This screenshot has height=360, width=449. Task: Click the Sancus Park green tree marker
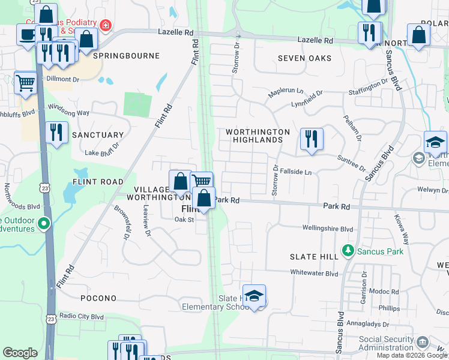pyautogui.click(x=347, y=250)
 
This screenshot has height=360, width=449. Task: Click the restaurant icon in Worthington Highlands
pyautogui.click(x=312, y=139)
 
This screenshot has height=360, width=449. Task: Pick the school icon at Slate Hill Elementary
pyautogui.click(x=255, y=296)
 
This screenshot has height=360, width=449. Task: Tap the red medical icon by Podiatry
pyautogui.click(x=106, y=25)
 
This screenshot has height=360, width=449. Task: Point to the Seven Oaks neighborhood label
pyautogui.click(x=304, y=58)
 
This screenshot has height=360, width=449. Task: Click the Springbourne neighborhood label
pyautogui.click(x=126, y=56)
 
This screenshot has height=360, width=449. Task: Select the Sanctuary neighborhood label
pyautogui.click(x=98, y=135)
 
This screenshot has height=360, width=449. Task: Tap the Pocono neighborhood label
pyautogui.click(x=98, y=298)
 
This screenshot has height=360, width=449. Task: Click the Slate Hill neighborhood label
pyautogui.click(x=314, y=257)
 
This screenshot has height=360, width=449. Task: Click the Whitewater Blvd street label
pyautogui.click(x=315, y=273)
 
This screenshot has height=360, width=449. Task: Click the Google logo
pyautogui.click(x=20, y=353)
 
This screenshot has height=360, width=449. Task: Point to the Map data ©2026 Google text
pyautogui.click(x=411, y=355)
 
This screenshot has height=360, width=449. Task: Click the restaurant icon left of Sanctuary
pyautogui.click(x=56, y=133)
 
